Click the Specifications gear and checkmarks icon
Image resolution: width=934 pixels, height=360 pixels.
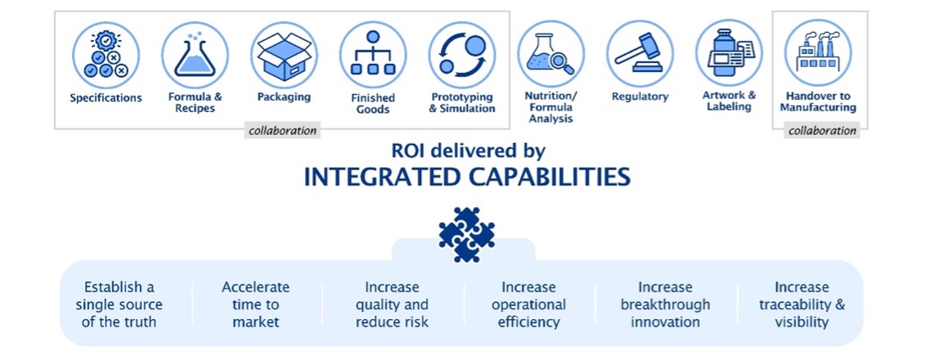(x=106, y=55)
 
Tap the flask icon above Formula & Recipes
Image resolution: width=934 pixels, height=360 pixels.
(x=195, y=55)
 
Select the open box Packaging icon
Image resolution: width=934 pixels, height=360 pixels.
(x=284, y=55)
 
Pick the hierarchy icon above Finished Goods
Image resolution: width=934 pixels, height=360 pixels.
(x=373, y=55)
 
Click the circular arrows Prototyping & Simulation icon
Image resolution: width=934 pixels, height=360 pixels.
(x=462, y=55)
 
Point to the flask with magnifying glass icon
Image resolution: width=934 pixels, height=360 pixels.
(x=551, y=54)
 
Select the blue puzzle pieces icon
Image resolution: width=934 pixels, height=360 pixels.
(x=467, y=234)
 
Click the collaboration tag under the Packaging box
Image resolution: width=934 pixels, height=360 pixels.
(x=282, y=131)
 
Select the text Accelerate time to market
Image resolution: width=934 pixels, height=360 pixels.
(x=255, y=304)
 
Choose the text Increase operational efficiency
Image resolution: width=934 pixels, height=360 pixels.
(x=529, y=304)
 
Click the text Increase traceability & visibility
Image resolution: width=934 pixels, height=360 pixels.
(x=802, y=304)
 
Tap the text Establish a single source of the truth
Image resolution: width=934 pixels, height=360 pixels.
(x=119, y=304)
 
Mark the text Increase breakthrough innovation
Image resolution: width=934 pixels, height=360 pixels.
(x=666, y=304)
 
